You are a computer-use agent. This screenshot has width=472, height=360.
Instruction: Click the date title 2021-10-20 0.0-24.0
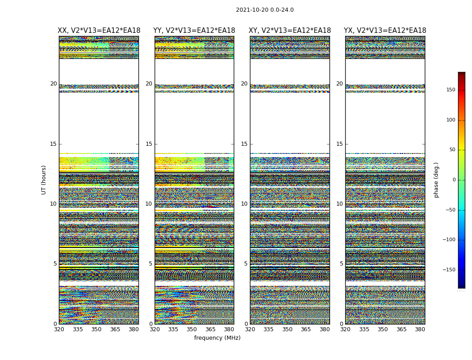tap(265, 10)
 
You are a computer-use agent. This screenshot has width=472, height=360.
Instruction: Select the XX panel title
tap(99, 31)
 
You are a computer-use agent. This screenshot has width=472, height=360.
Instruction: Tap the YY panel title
tap(194, 31)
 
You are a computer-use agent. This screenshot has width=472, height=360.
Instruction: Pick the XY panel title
tap(290, 31)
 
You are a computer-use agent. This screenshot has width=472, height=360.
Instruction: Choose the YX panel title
tap(385, 31)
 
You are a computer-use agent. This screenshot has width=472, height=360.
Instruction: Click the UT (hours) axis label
tap(44, 180)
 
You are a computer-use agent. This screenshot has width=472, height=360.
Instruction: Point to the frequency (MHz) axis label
tap(217, 338)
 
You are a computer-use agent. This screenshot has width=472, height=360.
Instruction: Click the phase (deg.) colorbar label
tap(436, 180)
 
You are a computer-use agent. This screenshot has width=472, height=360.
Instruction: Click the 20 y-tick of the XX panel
tap(53, 84)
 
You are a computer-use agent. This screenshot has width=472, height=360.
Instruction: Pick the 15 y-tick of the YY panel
tap(149, 144)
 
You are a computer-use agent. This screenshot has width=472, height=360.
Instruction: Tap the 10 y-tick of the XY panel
tap(244, 204)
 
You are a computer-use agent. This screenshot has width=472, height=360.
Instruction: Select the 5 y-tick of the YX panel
tap(341, 264)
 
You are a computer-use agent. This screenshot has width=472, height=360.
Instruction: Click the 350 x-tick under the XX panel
tap(96, 329)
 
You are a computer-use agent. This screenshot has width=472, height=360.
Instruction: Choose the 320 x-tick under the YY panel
tap(155, 329)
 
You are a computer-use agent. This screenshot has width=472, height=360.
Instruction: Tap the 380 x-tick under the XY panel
tap(325, 329)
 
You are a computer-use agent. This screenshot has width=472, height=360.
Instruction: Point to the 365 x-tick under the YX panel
tap(401, 329)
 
